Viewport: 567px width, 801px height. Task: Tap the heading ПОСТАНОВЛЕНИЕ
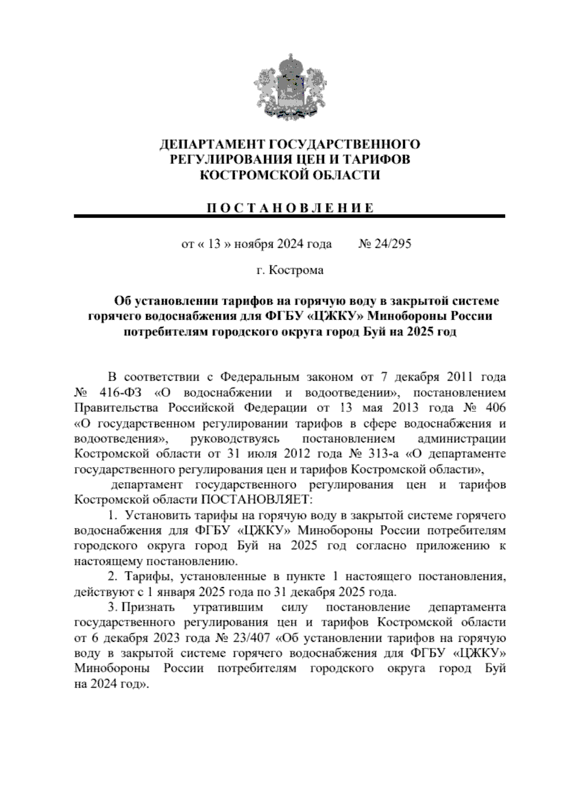tap(289, 208)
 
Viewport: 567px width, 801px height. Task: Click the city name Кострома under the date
tap(296, 270)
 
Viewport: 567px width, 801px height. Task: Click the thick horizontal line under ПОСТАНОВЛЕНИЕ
tap(289, 216)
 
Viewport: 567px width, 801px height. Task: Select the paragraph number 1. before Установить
tap(113, 515)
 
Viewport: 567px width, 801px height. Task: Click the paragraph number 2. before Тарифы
tap(113, 577)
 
